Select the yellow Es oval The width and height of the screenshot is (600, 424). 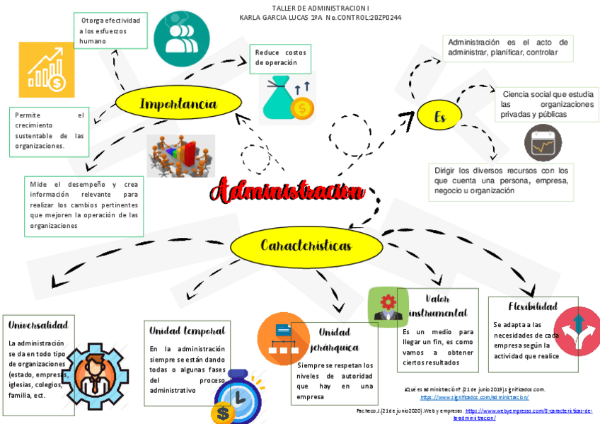pos(439,116)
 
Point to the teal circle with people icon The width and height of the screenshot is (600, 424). pos(182,39)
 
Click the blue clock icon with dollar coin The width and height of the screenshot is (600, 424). pos(233,399)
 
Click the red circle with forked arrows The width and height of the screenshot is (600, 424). pos(577,326)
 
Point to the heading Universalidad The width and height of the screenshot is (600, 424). pos(38,325)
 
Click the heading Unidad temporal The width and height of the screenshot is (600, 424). pos(187,331)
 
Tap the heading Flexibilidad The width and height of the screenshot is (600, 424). pos(533,306)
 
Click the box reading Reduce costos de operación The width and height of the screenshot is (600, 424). pos(280,58)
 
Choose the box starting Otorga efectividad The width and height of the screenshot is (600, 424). pos(110,30)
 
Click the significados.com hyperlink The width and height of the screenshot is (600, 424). pos(474,398)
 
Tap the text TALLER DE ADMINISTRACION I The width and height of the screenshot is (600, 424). pos(321,7)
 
